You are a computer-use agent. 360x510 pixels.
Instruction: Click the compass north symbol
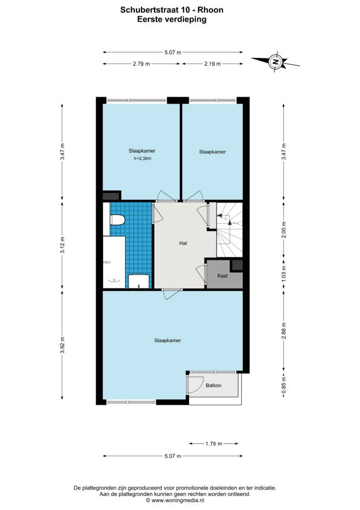[x=275, y=61]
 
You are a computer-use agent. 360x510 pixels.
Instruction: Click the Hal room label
[x=184, y=243]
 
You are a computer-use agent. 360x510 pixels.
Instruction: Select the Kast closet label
[x=222, y=276]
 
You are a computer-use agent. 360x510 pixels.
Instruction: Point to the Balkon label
[x=214, y=385]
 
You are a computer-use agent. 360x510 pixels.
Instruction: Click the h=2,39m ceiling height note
[x=142, y=159]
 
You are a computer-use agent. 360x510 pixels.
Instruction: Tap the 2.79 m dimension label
[x=141, y=64]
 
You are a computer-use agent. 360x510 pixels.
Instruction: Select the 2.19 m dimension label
[x=213, y=64]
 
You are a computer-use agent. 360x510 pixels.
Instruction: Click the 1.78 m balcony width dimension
[x=214, y=444]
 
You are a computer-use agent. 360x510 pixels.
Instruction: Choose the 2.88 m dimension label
[x=284, y=331]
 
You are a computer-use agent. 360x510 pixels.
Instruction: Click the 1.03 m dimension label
[x=284, y=273]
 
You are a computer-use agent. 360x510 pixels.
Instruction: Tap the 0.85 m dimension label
[x=284, y=385]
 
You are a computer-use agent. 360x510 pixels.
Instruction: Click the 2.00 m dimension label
[x=284, y=230]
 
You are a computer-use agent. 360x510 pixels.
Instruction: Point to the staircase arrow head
[x=220, y=216]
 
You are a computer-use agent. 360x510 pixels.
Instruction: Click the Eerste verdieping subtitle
[x=172, y=19]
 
